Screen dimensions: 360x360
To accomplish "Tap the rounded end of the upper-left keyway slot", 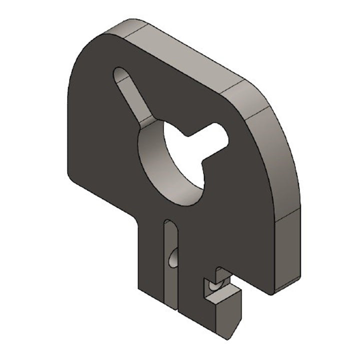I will (x=120, y=75).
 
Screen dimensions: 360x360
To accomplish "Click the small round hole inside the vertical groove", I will (x=172, y=257).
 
